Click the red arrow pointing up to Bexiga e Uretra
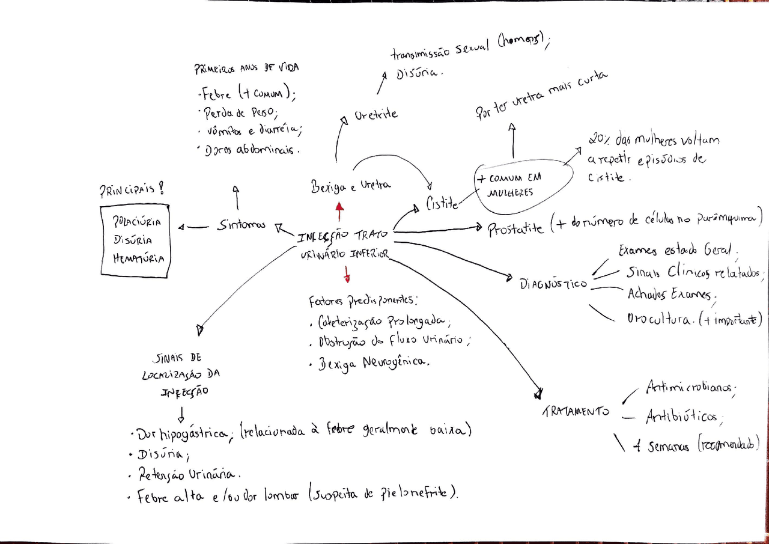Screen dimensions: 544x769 click(x=339, y=212)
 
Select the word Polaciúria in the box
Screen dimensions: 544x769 click(x=137, y=222)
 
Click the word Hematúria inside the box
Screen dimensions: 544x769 click(x=138, y=259)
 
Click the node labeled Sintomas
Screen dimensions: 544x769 click(x=241, y=225)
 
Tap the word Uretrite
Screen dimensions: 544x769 click(x=375, y=114)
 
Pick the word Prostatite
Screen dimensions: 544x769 click(x=515, y=229)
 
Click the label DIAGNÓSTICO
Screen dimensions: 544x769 click(x=553, y=283)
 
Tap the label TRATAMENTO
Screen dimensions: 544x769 click(x=575, y=411)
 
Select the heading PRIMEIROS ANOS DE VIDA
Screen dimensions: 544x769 click(x=246, y=69)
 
